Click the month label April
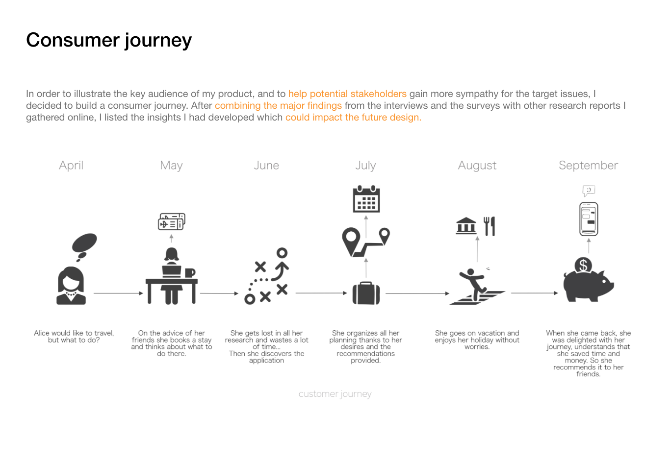[71, 166]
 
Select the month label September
[588, 166]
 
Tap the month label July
[365, 166]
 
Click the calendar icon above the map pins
[366, 199]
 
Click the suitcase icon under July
[366, 293]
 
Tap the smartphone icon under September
[589, 219]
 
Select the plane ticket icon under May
[171, 222]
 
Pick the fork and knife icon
[489, 226]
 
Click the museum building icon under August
[466, 226]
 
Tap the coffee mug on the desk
[190, 272]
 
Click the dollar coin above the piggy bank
[583, 265]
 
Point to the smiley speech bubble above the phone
[589, 190]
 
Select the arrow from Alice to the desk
[118, 293]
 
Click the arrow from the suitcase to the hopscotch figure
[417, 293]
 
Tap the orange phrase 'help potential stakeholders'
[347, 94]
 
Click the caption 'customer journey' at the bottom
[335, 394]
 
